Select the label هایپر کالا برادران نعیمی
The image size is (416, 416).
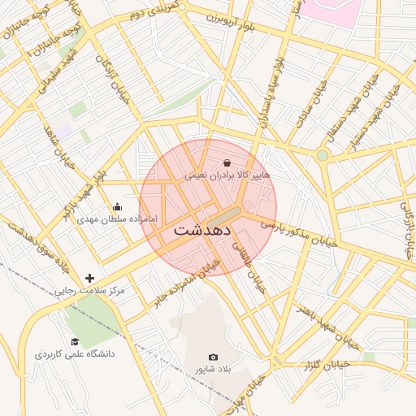pyautogui.click(x=227, y=175)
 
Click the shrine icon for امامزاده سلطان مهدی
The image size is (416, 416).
pyautogui.click(x=117, y=206)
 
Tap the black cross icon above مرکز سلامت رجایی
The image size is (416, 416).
pyautogui.click(x=89, y=278)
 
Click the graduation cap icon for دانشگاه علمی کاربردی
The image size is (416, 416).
pyautogui.click(x=75, y=342)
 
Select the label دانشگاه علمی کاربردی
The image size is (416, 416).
pyautogui.click(x=75, y=355)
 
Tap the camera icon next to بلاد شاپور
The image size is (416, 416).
pyautogui.click(x=214, y=357)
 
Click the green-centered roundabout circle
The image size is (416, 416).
pyautogui.click(x=323, y=155)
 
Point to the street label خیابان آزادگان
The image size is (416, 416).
pyautogui.click(x=107, y=76)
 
